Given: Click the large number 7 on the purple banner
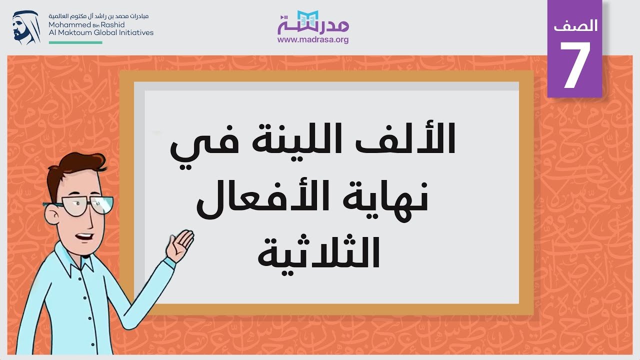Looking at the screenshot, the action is click(575, 65).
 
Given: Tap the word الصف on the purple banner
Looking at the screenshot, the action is click(575, 25).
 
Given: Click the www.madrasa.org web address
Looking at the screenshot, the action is click(313, 39).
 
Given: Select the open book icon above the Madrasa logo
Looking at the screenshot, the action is click(307, 19).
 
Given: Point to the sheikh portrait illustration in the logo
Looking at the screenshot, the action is click(26, 27).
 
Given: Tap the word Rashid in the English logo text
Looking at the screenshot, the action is click(112, 24).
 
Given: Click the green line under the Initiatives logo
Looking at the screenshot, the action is click(75, 42).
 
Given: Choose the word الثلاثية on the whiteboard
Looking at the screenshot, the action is click(318, 253).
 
